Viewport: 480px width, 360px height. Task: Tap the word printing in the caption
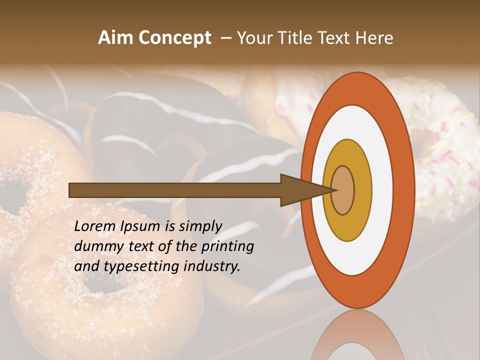tap(227, 247)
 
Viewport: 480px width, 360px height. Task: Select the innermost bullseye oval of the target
tap(342, 190)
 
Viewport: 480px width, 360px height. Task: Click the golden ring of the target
tap(362, 190)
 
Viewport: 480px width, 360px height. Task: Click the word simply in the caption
tap(200, 227)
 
